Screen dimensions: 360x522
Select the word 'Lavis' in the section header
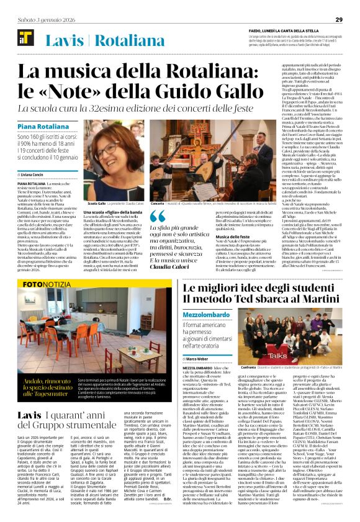[66, 41]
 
